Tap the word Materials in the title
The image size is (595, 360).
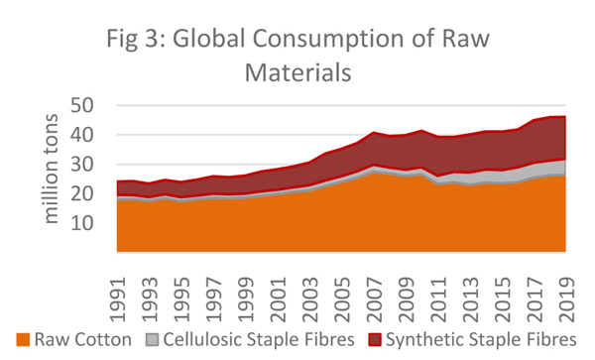(297, 74)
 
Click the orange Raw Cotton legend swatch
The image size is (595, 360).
(21, 340)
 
